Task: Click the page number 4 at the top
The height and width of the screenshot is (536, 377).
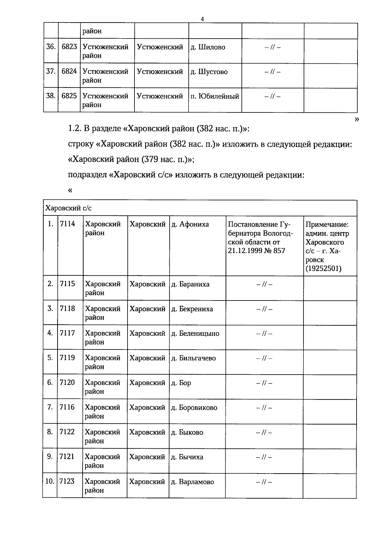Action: [x=202, y=19]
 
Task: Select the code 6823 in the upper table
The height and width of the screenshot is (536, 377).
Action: [x=69, y=47]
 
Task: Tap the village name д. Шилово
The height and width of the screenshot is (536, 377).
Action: [x=208, y=47]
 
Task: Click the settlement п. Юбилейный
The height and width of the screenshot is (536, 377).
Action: [x=215, y=96]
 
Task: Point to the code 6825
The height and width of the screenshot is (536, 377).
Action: [x=69, y=96]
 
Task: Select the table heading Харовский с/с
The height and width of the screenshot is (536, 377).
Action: [x=69, y=208]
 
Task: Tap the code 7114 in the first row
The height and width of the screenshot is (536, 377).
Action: [x=68, y=224]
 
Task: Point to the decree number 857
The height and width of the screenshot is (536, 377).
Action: [x=278, y=251]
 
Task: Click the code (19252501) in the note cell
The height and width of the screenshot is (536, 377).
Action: [x=324, y=268]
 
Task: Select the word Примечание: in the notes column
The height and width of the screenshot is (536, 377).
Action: [x=327, y=225]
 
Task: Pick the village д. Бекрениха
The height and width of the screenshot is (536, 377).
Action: [x=192, y=309]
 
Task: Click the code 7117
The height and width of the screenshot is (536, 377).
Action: [x=68, y=333]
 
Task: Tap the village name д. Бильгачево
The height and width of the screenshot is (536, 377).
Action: [x=193, y=358]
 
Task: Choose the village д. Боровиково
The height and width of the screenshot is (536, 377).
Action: [x=194, y=408]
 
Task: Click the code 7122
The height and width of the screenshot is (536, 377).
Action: [x=67, y=432]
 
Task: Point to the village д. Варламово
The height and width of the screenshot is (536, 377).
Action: [x=192, y=482]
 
